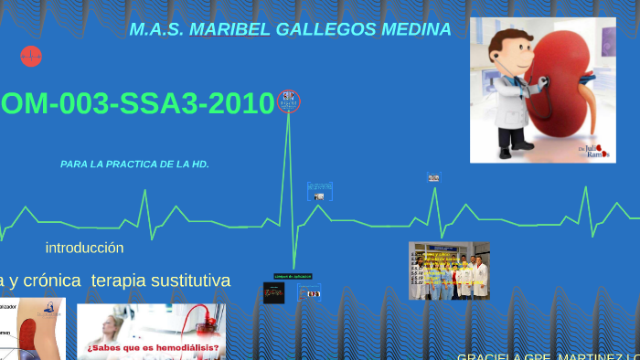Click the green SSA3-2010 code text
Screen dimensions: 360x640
[x=191, y=104]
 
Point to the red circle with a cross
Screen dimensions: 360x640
[x=31, y=57]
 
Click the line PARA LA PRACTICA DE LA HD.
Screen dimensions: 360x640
[x=134, y=164]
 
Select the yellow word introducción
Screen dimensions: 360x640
[x=84, y=248]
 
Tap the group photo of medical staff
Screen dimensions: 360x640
[x=449, y=270]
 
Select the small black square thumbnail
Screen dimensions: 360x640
[x=273, y=292]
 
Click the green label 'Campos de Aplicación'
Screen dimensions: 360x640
[x=293, y=275]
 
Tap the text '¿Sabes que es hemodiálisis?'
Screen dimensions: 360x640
[x=153, y=348]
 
